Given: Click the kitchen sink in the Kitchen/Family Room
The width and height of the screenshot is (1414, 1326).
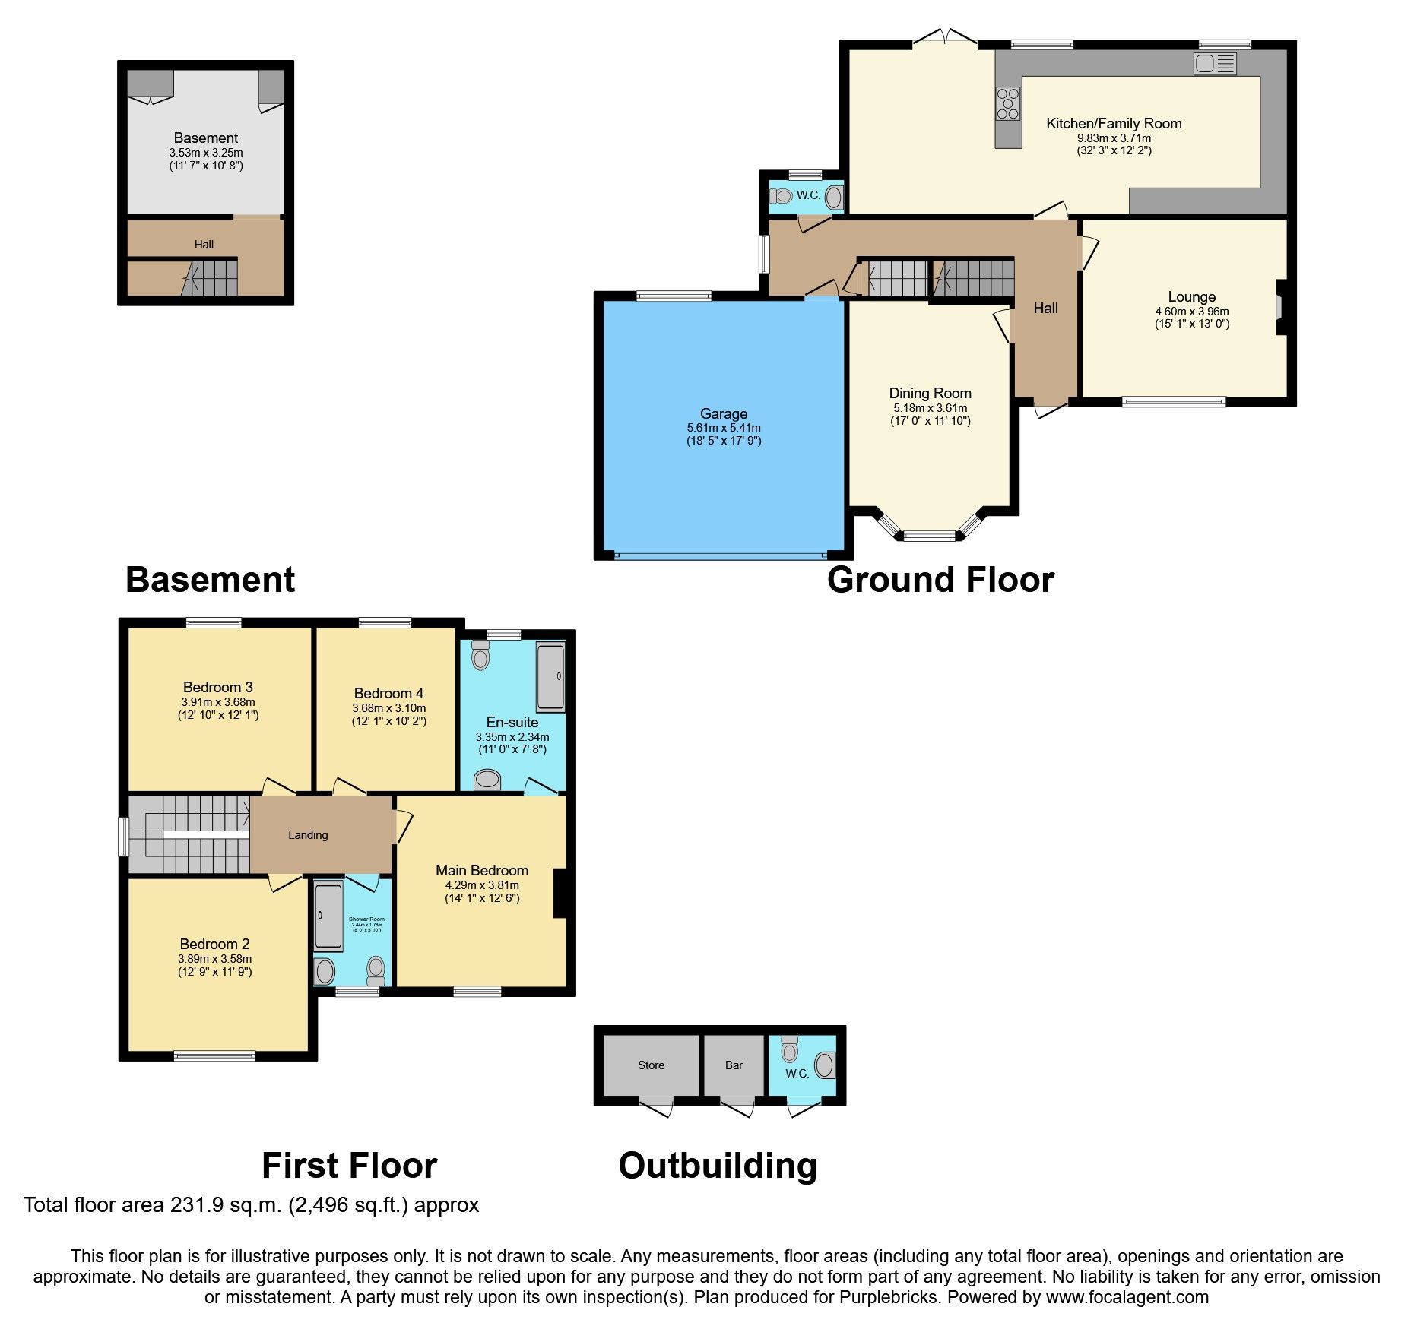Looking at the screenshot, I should coord(1215,63).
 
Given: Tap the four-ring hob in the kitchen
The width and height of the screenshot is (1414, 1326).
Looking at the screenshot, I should coord(1008,104).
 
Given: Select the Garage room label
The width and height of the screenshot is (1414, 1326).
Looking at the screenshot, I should coord(723,413).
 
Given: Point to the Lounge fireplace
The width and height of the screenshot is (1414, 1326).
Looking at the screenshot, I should coord(1279,307).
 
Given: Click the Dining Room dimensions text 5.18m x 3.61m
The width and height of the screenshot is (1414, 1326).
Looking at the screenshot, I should coord(931,408).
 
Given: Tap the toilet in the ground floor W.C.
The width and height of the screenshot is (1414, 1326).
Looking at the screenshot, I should coord(782,196).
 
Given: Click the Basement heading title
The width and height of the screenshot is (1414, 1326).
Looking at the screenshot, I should coord(210,580).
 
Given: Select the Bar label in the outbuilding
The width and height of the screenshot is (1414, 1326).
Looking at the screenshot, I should coord(734,1065).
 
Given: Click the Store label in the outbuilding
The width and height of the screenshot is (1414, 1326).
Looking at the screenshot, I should coord(651,1065).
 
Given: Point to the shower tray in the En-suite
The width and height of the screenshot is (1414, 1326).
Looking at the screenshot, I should coord(551,676).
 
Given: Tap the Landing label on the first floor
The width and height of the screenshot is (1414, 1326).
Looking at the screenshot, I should coord(308,835).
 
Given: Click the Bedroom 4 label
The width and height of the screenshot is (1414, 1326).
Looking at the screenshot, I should coord(388,693).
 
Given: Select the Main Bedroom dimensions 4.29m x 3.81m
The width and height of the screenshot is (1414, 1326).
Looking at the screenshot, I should coord(482,885).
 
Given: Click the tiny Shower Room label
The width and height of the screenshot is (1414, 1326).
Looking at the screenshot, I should coord(366,919).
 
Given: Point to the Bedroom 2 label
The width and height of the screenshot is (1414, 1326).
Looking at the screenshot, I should coord(214,944).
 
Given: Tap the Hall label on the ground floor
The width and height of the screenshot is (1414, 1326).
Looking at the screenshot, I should coord(1045,308).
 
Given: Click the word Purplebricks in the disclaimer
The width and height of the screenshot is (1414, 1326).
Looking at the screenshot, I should coord(889,1297).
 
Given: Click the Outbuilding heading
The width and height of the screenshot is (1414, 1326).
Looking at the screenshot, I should coord(717,1166).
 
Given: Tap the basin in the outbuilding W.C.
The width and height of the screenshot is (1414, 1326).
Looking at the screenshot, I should coord(825,1065).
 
